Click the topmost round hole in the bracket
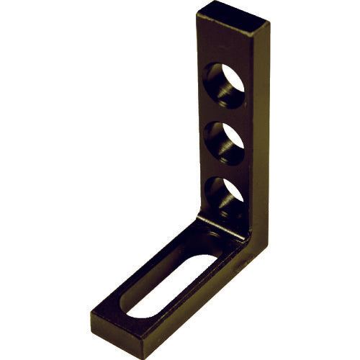coord(224,85)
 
